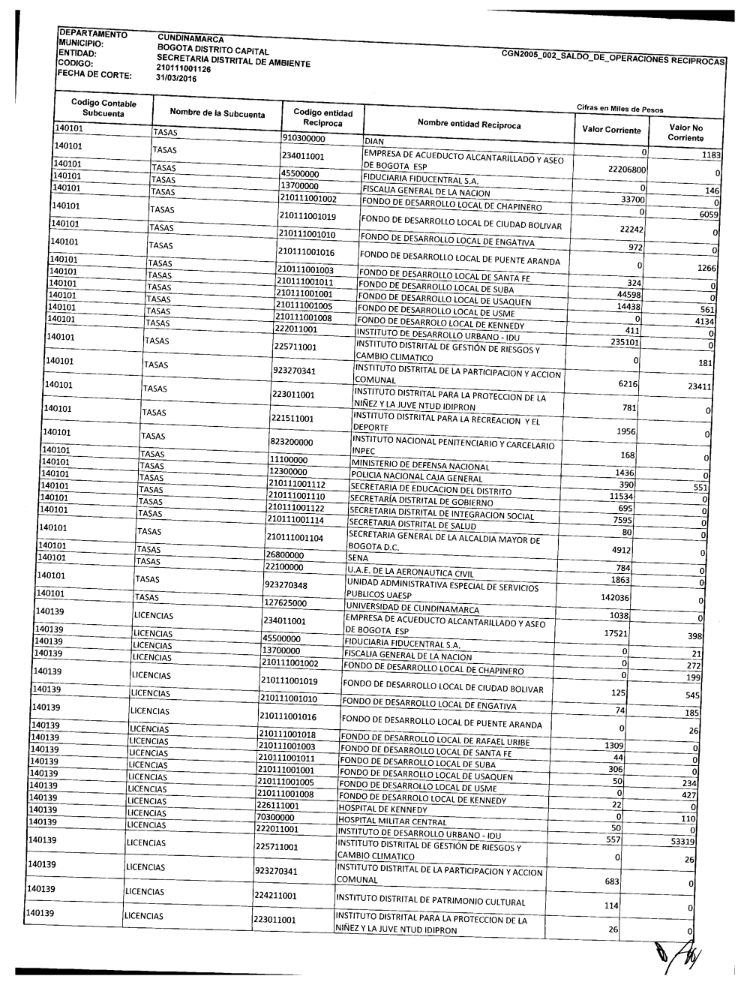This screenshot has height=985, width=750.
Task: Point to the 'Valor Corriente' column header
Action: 611,131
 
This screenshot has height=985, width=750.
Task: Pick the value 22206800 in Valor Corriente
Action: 623,170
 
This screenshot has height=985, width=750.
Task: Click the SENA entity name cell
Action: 358,559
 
